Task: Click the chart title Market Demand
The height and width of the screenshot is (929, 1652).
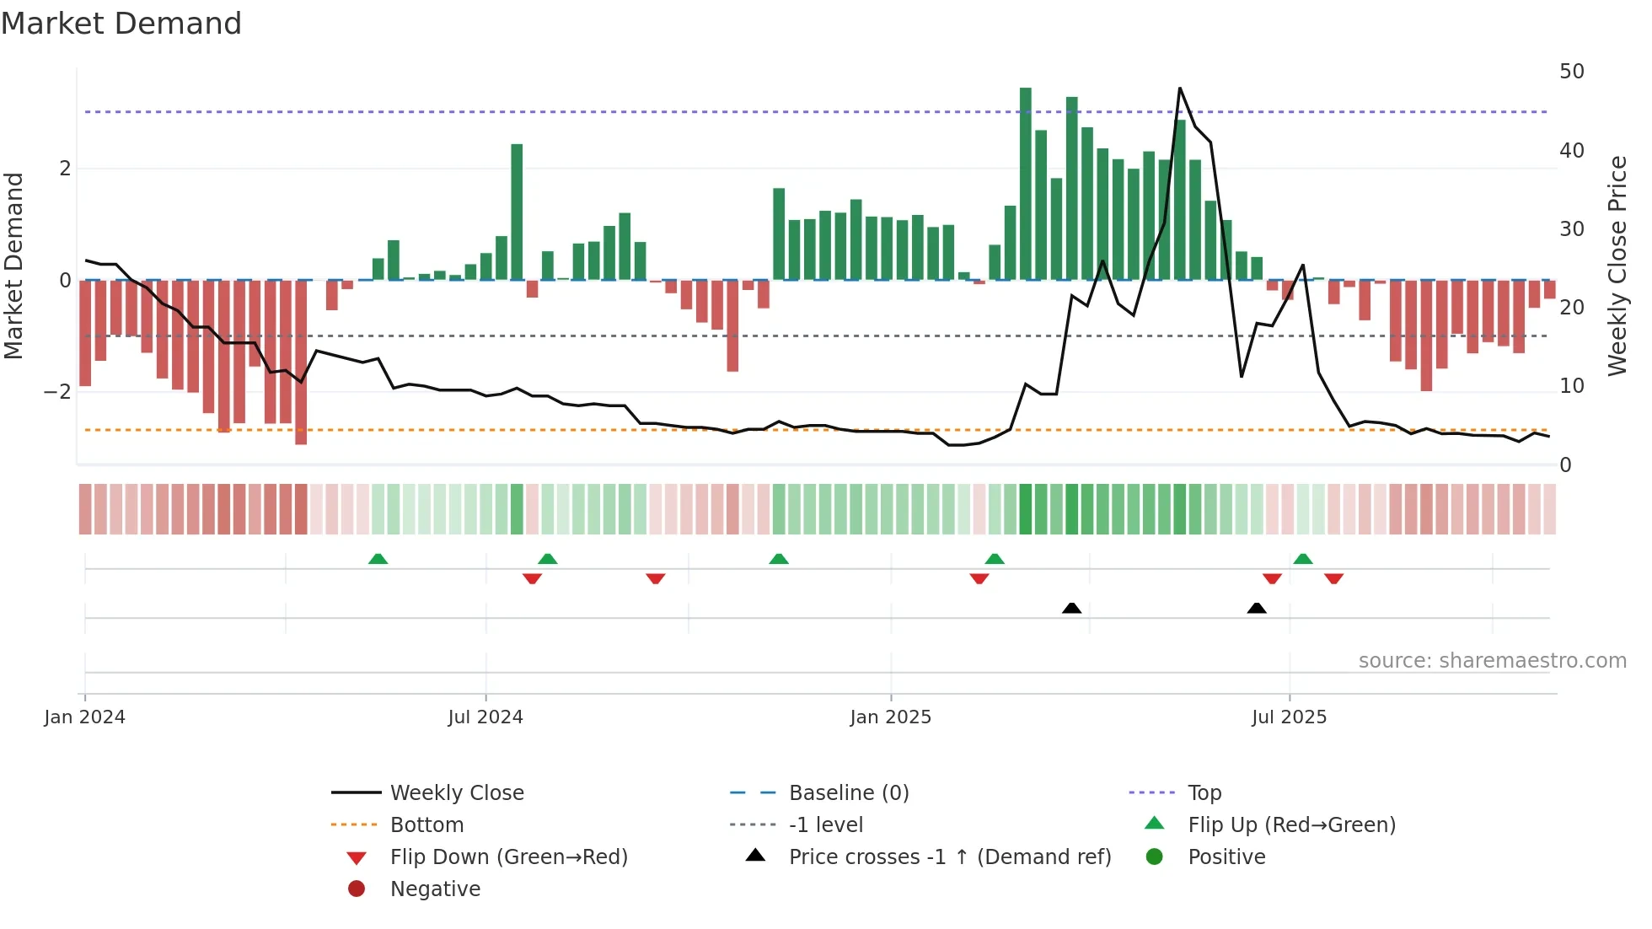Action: [x=121, y=24]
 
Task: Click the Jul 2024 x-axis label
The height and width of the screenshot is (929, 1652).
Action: [x=485, y=717]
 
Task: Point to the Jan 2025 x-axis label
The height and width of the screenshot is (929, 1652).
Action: [x=890, y=717]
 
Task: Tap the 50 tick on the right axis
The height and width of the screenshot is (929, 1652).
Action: [x=1571, y=72]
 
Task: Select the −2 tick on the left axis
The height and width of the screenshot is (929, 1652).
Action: [x=57, y=392]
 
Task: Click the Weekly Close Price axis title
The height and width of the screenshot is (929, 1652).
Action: [x=1617, y=266]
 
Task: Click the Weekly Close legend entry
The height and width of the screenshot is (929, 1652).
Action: [x=456, y=793]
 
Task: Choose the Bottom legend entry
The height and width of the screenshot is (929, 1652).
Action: [x=426, y=825]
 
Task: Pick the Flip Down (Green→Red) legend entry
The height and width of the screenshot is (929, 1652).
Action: [x=508, y=857]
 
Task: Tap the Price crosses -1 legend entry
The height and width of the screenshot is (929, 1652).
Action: [x=949, y=857]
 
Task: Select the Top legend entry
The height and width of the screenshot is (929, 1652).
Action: [x=1204, y=793]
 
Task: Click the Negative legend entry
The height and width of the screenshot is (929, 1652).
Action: [x=435, y=889]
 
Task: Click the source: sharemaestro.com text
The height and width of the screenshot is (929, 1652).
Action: [x=1492, y=661]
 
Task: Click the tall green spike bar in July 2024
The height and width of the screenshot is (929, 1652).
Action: [x=517, y=211]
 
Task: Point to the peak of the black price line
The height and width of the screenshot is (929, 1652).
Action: [x=1179, y=89]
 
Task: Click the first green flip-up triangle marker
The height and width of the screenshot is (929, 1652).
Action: [x=378, y=559]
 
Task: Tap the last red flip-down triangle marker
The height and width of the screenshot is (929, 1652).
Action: [x=1333, y=578]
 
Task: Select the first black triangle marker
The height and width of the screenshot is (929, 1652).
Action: [x=1071, y=608]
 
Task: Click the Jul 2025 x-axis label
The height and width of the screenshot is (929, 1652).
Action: [x=1289, y=717]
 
